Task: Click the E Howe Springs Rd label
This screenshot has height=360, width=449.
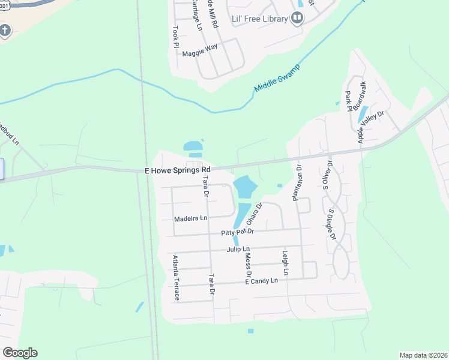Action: pos(178,170)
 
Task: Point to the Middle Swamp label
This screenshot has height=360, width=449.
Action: pos(277,79)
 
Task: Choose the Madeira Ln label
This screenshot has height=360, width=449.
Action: pos(190,218)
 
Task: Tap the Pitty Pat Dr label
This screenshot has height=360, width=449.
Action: pos(238,232)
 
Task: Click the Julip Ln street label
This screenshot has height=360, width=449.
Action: pos(238,248)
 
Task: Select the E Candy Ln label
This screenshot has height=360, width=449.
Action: pos(262,281)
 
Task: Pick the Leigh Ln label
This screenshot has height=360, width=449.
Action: pos(286,263)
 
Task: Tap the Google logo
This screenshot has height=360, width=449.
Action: pos(20,353)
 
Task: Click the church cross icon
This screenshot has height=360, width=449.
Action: pos(5,31)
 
